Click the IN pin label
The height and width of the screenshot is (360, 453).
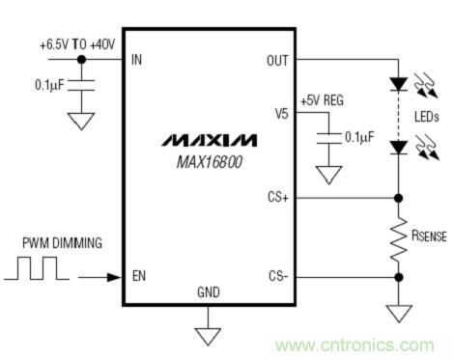[136, 60]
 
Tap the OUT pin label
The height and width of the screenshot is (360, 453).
[277, 61]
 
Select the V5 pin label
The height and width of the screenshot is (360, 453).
[281, 114]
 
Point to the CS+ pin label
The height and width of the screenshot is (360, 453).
[278, 197]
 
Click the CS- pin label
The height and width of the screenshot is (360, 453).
[278, 276]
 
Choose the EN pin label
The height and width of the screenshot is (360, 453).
[139, 276]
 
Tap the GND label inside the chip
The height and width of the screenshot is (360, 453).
[209, 292]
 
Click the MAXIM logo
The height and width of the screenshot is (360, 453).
[209, 140]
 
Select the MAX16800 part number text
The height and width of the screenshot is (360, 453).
[210, 162]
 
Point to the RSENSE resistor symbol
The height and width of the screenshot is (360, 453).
[398, 238]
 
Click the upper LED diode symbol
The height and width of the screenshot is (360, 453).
[399, 84]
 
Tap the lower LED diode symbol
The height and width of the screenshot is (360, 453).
[399, 148]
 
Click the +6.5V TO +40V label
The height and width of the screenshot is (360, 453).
[77, 44]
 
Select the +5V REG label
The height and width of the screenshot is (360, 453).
[322, 100]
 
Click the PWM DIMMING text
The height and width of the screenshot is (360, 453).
[62, 243]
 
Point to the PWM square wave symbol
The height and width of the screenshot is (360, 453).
[37, 268]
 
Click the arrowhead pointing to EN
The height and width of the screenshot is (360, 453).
[114, 277]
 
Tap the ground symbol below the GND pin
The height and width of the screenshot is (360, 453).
[208, 337]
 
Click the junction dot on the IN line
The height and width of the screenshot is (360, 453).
[82, 60]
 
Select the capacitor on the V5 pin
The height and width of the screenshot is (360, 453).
[328, 138]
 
